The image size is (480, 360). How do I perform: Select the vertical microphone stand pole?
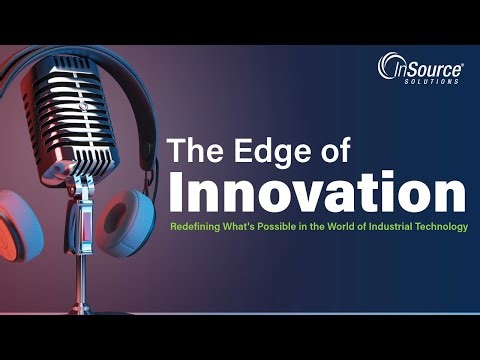(x=84, y=270)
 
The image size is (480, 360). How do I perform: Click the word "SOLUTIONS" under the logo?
(x=435, y=81)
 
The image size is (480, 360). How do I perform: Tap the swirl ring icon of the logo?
(x=389, y=67)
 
